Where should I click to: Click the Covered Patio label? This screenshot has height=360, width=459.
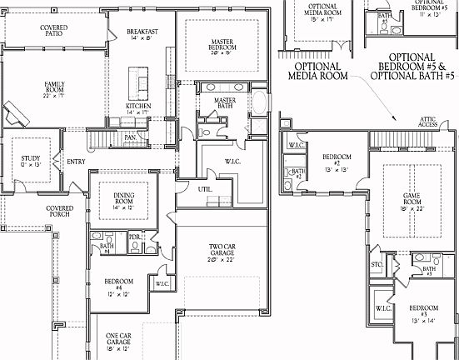tap(54, 32)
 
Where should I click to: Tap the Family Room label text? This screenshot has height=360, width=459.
tap(54, 88)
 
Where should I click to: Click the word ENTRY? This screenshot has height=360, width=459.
tap(76, 162)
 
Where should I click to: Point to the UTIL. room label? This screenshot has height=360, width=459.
tap(204, 189)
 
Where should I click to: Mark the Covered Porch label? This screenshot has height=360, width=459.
tap(58, 212)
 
